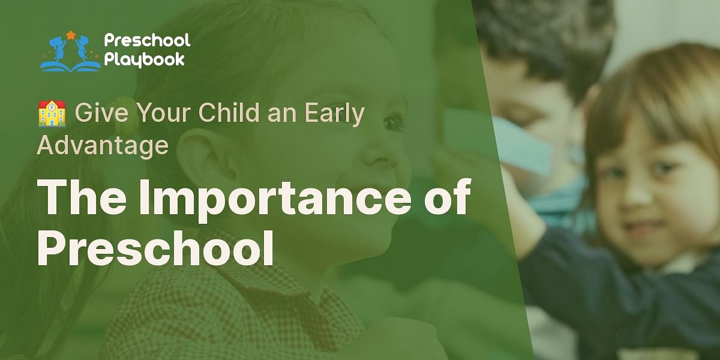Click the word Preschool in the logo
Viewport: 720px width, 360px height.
(146, 41)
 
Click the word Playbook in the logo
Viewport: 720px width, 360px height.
(144, 59)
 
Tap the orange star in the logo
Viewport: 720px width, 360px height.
(71, 35)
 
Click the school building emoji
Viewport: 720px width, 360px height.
(52, 113)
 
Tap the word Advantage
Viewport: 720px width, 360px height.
(102, 145)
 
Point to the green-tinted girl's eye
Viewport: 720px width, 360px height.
(392, 123)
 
